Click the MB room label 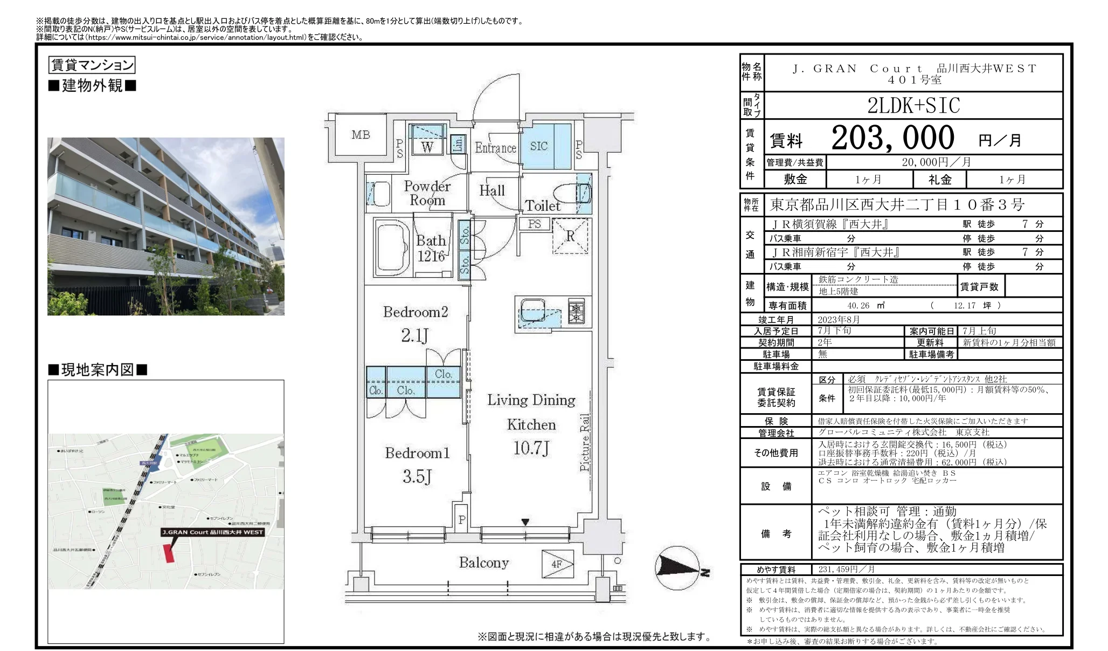(x=361, y=135)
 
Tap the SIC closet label (x=538, y=146)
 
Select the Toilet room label (x=543, y=205)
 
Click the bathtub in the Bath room (x=392, y=248)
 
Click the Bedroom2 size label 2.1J (x=414, y=335)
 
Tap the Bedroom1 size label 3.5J (x=417, y=476)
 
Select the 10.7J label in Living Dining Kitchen (x=531, y=448)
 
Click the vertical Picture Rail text (x=585, y=442)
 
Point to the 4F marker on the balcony (x=557, y=564)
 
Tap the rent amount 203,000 (x=892, y=138)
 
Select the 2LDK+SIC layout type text (x=913, y=106)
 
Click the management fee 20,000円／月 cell (x=943, y=162)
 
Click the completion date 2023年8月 (x=839, y=319)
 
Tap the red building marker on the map (x=169, y=553)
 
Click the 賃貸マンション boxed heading (x=92, y=65)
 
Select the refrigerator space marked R (x=570, y=236)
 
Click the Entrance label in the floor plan (x=495, y=148)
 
